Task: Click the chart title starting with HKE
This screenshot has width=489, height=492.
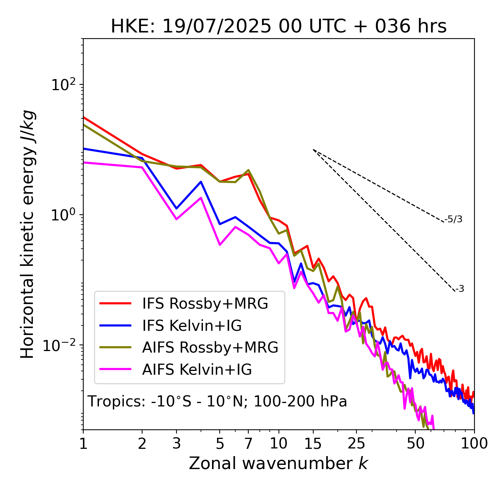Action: tap(279, 27)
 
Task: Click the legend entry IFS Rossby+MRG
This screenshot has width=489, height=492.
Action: tap(205, 304)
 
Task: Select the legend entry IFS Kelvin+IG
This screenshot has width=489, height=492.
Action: tap(192, 326)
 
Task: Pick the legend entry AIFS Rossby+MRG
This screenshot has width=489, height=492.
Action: tap(210, 348)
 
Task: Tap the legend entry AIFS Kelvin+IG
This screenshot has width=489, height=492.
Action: tap(197, 370)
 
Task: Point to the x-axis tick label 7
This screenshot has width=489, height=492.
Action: tap(248, 443)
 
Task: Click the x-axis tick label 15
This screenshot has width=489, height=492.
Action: tap(313, 443)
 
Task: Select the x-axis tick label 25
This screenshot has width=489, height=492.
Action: tap(356, 443)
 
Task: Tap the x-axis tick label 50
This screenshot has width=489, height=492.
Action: tap(415, 443)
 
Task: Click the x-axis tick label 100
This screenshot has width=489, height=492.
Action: tap(474, 443)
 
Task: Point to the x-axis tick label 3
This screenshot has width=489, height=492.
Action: tap(176, 443)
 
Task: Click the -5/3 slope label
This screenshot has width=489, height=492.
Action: tap(453, 219)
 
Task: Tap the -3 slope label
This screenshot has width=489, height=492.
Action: tap(460, 289)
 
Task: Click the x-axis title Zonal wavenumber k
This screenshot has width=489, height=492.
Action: tap(279, 463)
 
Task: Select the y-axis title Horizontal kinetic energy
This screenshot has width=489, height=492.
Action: tap(28, 235)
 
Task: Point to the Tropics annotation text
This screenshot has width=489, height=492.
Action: tap(217, 402)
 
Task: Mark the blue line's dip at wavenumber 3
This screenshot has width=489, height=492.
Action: tap(176, 209)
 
